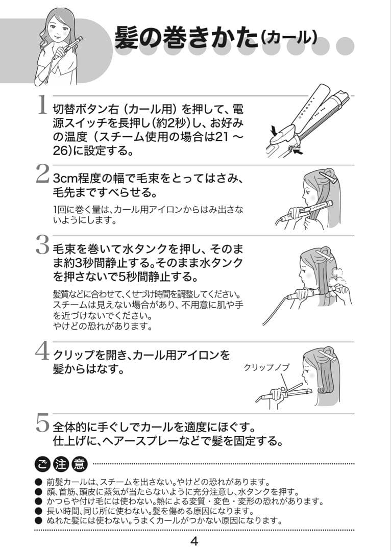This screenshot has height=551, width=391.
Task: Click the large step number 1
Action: click(x=42, y=105)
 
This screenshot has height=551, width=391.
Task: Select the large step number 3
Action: click(x=42, y=244)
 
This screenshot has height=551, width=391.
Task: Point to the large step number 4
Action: click(x=42, y=351)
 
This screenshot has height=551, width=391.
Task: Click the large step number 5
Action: click(x=42, y=423)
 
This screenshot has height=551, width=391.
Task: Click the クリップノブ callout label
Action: click(x=266, y=367)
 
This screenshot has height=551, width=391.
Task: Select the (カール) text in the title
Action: click(x=289, y=38)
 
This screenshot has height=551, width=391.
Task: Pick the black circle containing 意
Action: click(x=79, y=465)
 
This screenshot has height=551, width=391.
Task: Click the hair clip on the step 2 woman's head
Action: click(x=328, y=178)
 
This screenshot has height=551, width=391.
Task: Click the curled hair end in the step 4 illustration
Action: click(x=323, y=389)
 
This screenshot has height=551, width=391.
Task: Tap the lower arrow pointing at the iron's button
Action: click(x=298, y=152)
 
